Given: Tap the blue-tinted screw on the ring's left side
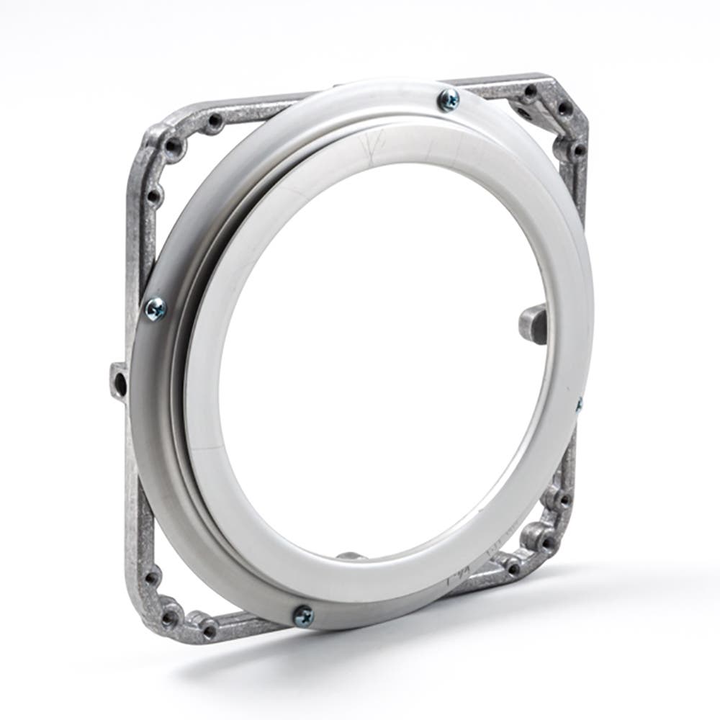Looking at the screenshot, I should (156, 309).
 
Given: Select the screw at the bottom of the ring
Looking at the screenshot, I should (303, 614).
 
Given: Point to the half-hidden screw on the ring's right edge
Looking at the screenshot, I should (578, 405).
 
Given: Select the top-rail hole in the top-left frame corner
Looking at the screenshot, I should (212, 123).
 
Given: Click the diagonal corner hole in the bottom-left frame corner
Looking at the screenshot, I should (170, 616).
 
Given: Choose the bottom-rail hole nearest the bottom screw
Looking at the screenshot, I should (210, 630).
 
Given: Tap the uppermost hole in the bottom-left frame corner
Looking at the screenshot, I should (150, 576).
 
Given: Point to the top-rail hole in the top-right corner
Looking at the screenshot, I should (531, 91).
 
